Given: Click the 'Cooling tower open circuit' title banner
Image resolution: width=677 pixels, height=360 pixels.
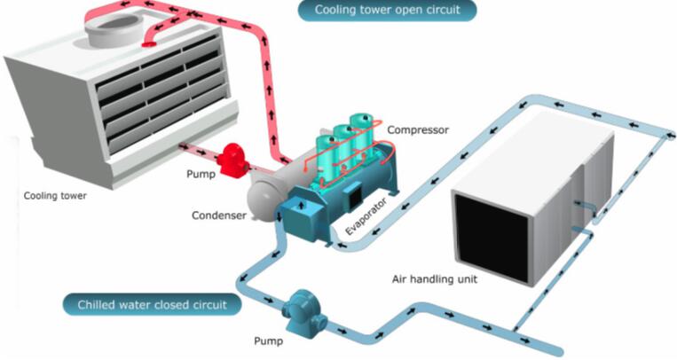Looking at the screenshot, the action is (387, 10).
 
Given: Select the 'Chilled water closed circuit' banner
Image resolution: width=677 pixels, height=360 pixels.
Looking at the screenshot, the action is (152, 305).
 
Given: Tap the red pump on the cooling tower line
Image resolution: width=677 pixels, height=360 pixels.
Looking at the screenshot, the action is (233, 160).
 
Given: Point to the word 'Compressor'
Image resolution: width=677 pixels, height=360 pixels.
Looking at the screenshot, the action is (418, 129).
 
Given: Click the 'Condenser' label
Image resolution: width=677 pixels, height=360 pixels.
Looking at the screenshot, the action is (219, 215).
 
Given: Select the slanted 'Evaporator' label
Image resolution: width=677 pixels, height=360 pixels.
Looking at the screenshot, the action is (366, 215).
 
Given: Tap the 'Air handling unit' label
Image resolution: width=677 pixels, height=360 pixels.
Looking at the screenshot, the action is (435, 279).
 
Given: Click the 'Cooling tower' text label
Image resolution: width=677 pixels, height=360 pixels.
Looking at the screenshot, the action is (55, 196).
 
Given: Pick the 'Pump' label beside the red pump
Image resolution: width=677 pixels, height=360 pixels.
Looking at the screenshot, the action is (201, 174).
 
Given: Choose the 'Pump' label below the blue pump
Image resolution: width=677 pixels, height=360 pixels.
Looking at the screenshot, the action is (269, 341).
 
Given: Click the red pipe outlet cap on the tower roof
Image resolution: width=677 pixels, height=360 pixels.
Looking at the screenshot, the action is (148, 43).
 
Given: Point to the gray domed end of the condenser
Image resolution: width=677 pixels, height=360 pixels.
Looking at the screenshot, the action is (259, 200).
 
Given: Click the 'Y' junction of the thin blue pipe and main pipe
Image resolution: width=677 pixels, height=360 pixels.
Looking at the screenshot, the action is (516, 330).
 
